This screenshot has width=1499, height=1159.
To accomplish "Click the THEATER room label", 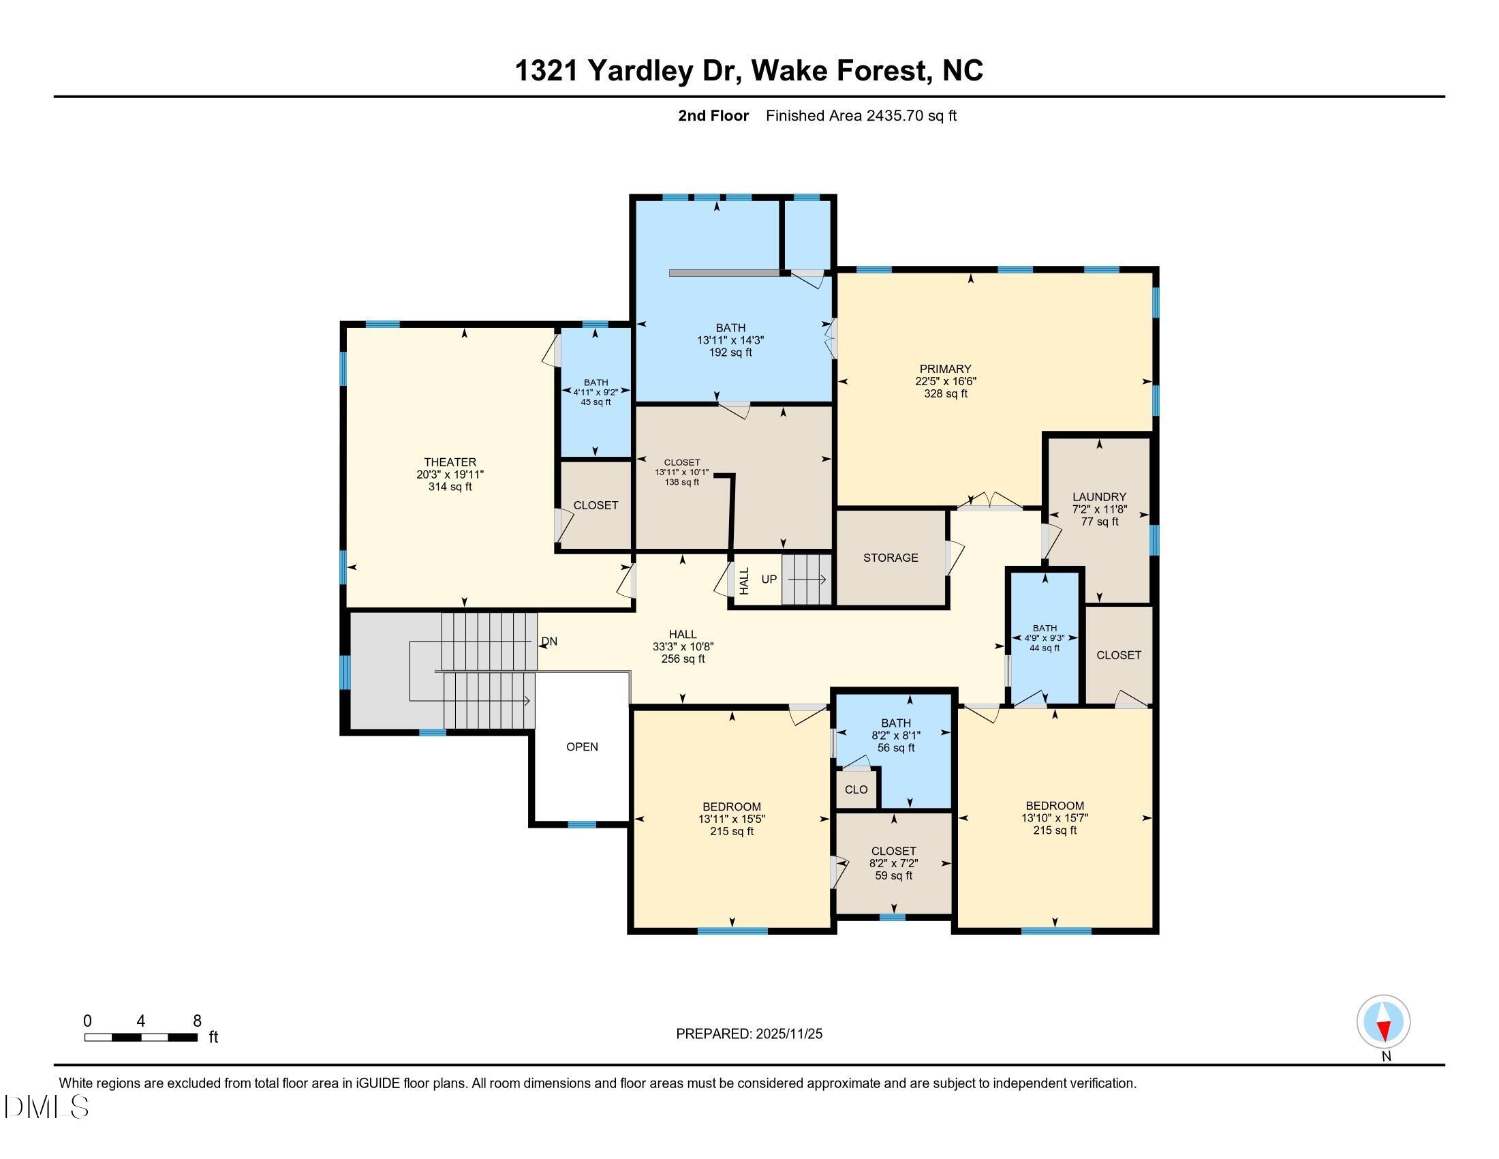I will pos(450,462).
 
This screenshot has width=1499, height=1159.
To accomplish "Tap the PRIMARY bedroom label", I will pos(945,369).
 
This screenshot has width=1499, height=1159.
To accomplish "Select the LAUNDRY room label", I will pos(1099,496).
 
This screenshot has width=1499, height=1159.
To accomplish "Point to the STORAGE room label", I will pos(891,558).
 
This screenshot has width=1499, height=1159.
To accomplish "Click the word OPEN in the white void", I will pos(581,747).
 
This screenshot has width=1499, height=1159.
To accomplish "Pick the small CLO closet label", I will pos(856,789).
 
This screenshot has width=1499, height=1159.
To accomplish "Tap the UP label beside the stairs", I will pos(769,579).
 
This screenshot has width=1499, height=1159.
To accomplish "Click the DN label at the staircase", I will pos(549,642).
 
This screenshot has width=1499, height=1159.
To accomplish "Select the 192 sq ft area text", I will pos(730,352).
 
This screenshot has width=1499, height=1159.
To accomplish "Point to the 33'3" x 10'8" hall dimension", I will pos(683,646).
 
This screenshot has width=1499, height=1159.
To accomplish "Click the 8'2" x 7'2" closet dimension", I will pos(894,863).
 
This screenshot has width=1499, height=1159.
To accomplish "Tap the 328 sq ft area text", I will pos(945,393).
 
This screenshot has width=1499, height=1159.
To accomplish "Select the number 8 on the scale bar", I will pos(197,1021).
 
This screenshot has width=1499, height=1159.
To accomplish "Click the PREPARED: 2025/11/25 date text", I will pos(749,1034).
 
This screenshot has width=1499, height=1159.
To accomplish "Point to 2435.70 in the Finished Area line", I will pos(895,115).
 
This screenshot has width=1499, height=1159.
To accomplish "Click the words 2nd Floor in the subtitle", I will pos(713,115).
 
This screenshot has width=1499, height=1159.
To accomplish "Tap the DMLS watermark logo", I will pos(46,1107).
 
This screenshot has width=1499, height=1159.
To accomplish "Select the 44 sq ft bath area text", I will pos(1045,648).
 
